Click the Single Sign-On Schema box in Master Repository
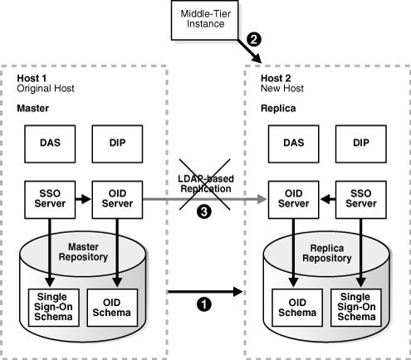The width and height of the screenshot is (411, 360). coord(52,307)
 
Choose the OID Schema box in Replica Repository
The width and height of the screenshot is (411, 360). coord(294,307)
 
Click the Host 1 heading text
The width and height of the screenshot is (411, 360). coord(32,78)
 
